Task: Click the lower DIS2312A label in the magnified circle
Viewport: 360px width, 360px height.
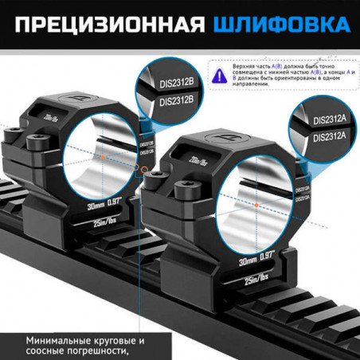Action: point(330,135)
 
